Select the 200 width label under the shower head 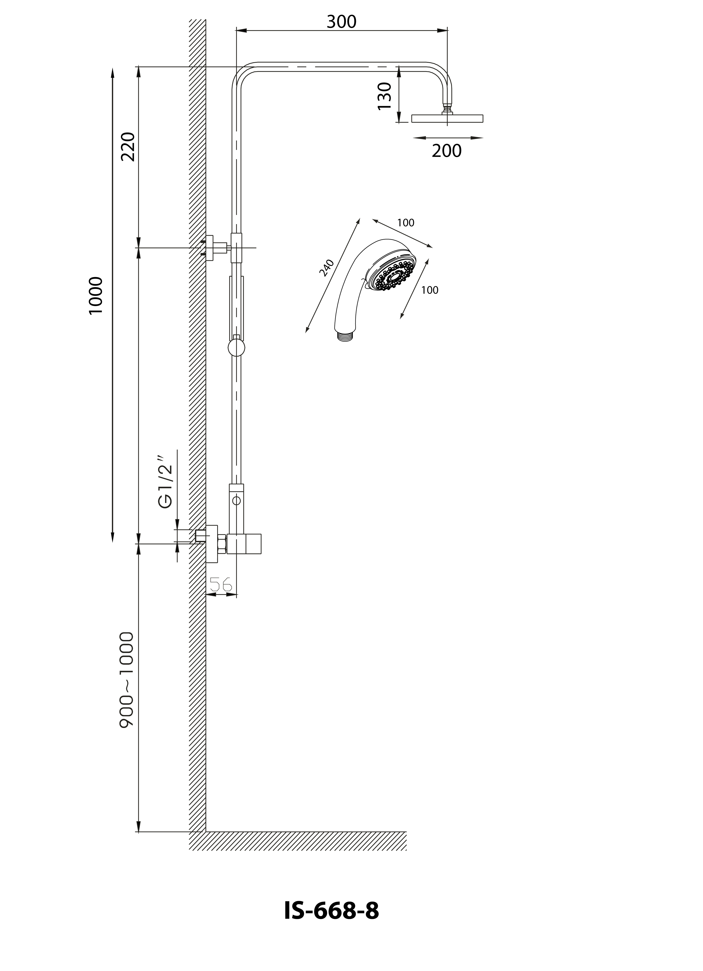click(x=447, y=151)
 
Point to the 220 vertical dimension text click(x=128, y=147)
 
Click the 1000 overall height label click(x=96, y=295)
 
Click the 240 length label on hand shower click(x=327, y=268)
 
